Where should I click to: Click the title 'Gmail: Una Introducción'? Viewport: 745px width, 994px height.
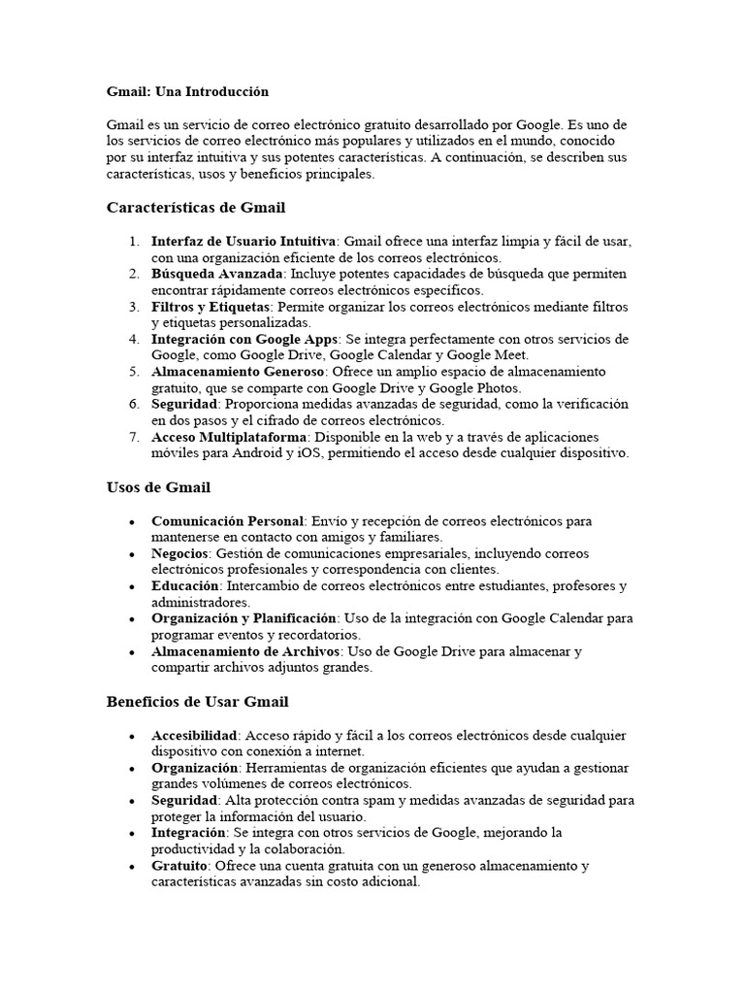coord(187,91)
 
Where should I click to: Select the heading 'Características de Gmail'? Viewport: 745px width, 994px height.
coord(196,208)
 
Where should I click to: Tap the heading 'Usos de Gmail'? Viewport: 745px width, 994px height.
coord(158,487)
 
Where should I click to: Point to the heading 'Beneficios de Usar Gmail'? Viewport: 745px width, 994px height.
coord(197,701)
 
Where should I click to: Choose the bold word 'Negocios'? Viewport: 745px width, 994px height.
coord(180,553)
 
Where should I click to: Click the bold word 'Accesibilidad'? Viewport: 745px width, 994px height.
coord(195,735)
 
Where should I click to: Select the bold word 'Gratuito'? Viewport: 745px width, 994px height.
coord(179,865)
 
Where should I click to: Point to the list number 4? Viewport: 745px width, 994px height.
coord(134,339)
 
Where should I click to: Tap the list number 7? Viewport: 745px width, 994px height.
coord(134,436)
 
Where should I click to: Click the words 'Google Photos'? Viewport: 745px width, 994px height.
coord(485,387)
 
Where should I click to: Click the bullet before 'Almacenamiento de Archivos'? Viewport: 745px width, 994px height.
coord(131,652)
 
